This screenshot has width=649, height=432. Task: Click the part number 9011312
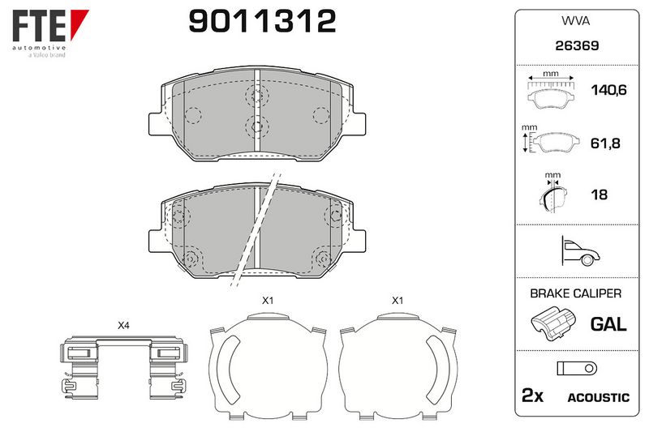(x=262, y=21)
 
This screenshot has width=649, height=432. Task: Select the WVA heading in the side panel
(x=575, y=21)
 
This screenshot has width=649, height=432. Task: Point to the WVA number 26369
(x=577, y=45)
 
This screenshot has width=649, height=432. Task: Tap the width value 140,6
(x=608, y=90)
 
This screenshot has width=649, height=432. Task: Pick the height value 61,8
(x=605, y=143)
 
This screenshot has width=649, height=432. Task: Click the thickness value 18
(x=599, y=195)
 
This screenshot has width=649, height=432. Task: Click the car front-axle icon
(x=580, y=251)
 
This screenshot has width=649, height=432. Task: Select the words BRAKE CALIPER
(x=575, y=293)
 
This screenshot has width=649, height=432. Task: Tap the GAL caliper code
(x=608, y=323)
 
